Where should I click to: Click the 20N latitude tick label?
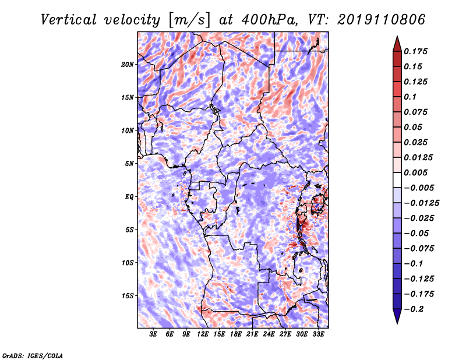pos(128,64)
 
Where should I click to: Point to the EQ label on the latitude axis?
pos(129,197)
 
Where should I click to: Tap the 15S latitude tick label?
pos(128,296)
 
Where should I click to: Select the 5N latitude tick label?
pos(129,164)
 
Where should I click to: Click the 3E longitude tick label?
pos(153,334)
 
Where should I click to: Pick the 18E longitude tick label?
pos(235,334)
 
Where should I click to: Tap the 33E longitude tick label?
pos(318,334)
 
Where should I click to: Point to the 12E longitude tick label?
pos(202,334)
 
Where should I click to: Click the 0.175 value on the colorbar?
pos(415,51)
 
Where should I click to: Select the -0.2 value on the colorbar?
pos(414,309)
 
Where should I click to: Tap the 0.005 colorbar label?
pos(415,172)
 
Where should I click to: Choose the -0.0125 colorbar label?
pos(421,203)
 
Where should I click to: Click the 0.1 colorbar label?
pos(410,97)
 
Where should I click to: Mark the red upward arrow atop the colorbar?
pos(397,44)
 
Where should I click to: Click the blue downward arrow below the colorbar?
pos(397,316)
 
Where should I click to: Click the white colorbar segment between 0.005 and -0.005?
pos(397,180)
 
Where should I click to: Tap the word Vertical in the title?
pos(69,20)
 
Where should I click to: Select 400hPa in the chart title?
pos(269,20)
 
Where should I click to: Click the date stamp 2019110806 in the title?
pos(382,20)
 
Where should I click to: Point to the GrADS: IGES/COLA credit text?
pos(33,355)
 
